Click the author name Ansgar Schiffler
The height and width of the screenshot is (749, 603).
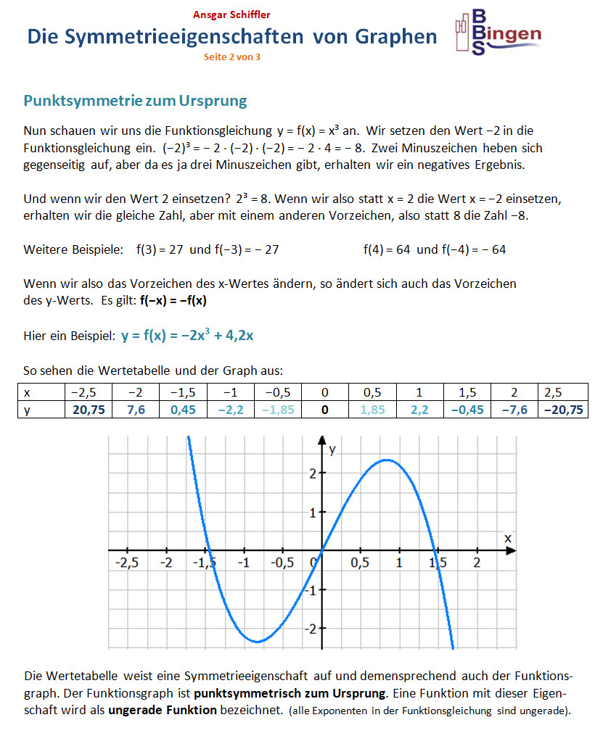[231, 14]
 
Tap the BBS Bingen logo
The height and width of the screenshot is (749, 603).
[497, 33]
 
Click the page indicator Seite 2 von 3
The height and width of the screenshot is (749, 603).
[231, 57]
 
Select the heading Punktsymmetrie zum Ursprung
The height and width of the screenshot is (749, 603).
[135, 101]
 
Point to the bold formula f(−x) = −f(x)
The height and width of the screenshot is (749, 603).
[178, 301]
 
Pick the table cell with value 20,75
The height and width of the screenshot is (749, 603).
[90, 410]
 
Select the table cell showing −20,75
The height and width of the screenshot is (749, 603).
[563, 410]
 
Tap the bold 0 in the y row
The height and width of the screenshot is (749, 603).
[325, 410]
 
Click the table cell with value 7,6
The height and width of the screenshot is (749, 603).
[136, 410]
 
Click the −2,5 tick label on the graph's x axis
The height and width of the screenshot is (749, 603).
[127, 563]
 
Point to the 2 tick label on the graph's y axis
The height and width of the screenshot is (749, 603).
[310, 473]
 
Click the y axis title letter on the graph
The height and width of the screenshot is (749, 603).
[332, 450]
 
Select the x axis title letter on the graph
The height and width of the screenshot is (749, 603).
[507, 538]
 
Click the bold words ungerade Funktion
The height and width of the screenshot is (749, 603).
[163, 710]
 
